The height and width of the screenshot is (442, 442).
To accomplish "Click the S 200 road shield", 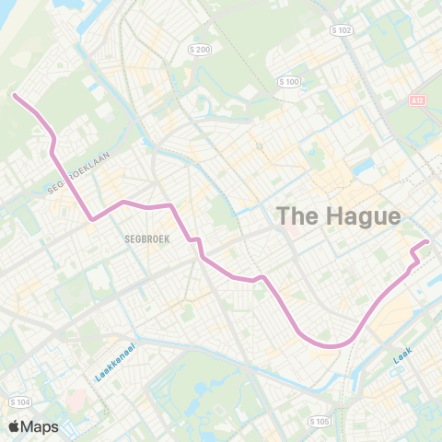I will pos(199,49).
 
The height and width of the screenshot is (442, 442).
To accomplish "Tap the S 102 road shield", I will pos(342,29).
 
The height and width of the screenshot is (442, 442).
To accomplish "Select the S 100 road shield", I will pos(289,82).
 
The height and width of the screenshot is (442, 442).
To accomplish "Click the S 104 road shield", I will pos(18,402).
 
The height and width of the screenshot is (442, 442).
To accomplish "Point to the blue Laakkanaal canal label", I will pos(115,364).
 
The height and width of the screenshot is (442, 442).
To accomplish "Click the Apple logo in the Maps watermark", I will pos(16,426).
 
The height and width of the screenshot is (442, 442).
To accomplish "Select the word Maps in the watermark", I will pos(42,426).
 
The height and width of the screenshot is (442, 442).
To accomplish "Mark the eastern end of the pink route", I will pos(426,242).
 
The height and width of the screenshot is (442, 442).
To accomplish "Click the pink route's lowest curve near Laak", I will pos(331,346).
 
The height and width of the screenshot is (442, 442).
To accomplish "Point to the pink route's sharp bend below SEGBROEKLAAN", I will pos(91,219).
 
